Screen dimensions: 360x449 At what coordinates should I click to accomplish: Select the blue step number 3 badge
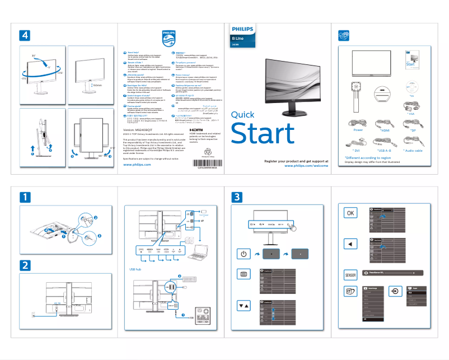(x=238, y=197)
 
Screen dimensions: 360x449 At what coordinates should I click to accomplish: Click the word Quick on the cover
(x=242, y=115)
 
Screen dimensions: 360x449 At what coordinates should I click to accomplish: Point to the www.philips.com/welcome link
(x=302, y=166)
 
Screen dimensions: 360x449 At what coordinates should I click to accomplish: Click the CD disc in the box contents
(x=382, y=89)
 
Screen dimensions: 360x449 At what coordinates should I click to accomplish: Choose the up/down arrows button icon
(x=243, y=306)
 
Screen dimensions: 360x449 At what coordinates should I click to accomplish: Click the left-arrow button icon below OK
(x=350, y=244)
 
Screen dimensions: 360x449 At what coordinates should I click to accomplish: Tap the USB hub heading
(x=128, y=269)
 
